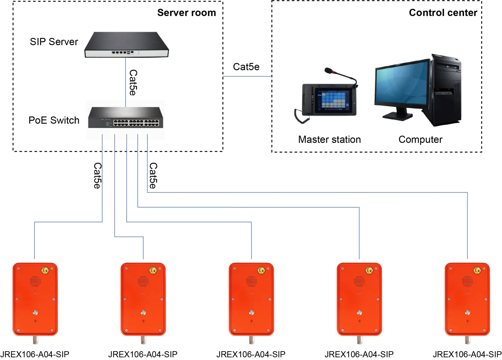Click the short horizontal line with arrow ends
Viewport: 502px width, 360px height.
pyautogui.click(x=247, y=76)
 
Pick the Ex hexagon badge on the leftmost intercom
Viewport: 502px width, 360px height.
pyautogui.click(x=45, y=270)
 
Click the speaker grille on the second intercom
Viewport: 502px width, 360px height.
pyautogui.click(x=143, y=281)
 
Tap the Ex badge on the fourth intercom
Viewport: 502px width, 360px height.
pyautogui.click(x=369, y=270)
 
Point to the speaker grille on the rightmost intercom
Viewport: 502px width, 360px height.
pyautogui.click(x=467, y=281)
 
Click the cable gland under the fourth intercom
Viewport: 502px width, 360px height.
pyautogui.click(x=359, y=341)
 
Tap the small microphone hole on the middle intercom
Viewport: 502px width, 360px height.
pyautogui.click(x=251, y=321)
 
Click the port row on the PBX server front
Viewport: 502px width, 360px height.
pyautogui.click(x=124, y=52)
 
